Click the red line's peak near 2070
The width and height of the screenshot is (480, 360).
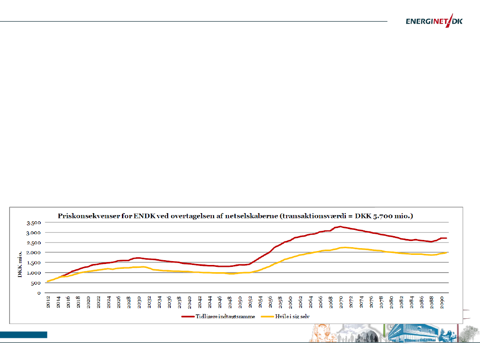tap(340, 227)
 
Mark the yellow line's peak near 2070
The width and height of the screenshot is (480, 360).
tap(342, 247)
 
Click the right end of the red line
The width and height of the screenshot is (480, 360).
tap(447, 238)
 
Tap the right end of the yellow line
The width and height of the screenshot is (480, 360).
tap(447, 252)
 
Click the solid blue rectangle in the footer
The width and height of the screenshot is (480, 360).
tap(24, 335)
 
